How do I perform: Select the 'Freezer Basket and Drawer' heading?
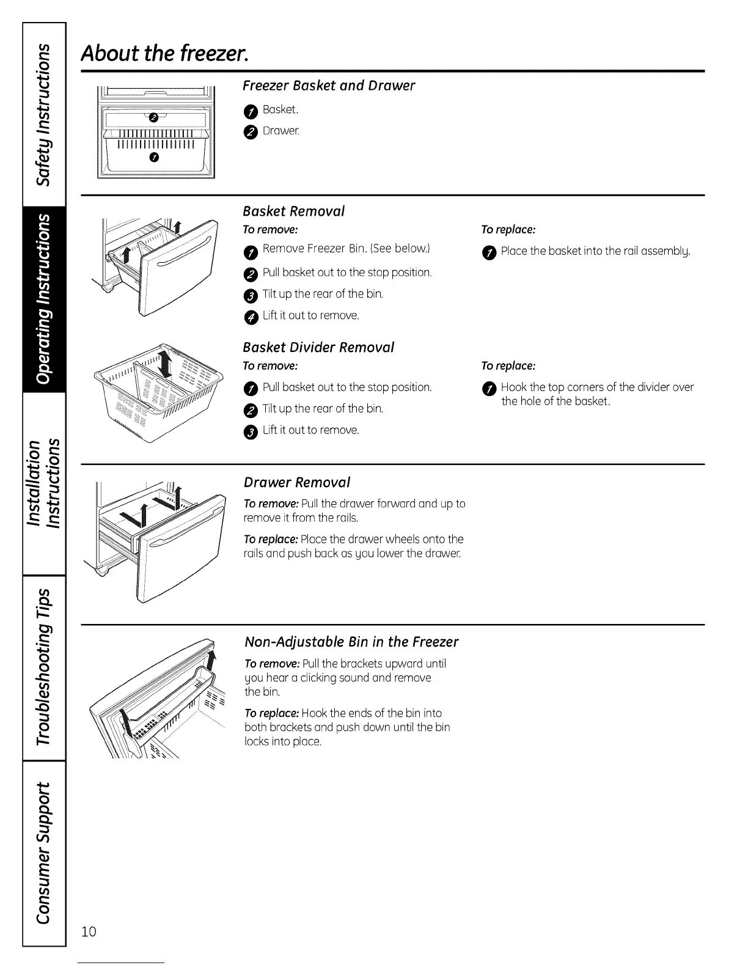[x=328, y=86]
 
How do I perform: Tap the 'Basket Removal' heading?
[x=293, y=211]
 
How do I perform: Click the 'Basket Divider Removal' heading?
[x=318, y=347]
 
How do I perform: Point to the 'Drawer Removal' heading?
[x=296, y=482]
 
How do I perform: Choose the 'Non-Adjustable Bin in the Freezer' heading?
[x=351, y=642]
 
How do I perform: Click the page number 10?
[x=89, y=931]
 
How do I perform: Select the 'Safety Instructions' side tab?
[x=43, y=114]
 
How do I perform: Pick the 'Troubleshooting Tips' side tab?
[x=43, y=667]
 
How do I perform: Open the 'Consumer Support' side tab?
[x=43, y=852]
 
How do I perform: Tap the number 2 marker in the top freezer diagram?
[x=153, y=117]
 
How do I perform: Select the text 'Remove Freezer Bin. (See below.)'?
[x=346, y=248]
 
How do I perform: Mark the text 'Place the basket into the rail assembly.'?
[x=595, y=251]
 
